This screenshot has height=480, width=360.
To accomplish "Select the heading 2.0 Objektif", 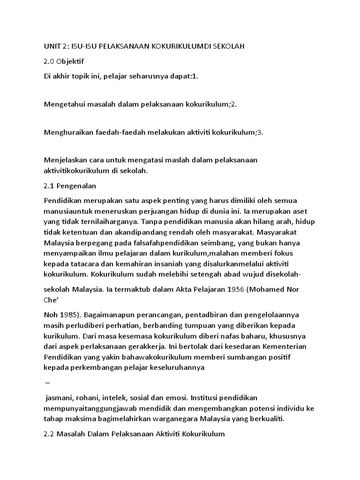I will pos(64,61).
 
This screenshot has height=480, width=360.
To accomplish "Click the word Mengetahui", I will pos(64,104).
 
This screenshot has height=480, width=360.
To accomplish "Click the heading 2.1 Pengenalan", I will pos(70,186).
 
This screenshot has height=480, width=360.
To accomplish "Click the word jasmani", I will pos(59,397).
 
